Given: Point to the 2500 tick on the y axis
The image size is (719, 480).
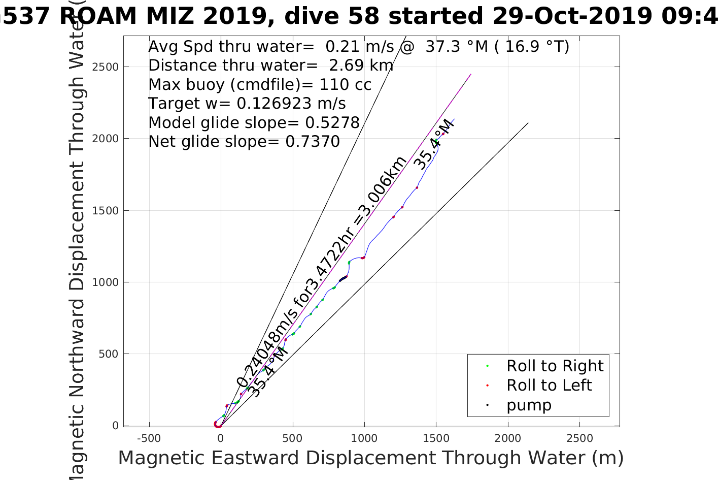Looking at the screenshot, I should coord(106,67).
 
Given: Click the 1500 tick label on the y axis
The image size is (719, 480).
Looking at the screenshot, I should coord(106,210).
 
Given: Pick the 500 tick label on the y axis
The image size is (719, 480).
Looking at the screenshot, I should coord(109,354).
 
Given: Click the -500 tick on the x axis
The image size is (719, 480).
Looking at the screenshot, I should coord(149,438).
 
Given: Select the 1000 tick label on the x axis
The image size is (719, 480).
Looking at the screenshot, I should coord(364,438).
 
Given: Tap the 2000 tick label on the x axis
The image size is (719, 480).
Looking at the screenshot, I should coord(507,438).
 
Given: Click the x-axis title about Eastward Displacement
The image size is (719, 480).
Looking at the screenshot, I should coord(370,458).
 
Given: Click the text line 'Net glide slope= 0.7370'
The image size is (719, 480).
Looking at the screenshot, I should coord(244,141).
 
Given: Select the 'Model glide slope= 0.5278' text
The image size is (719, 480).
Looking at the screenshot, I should coord(254,122).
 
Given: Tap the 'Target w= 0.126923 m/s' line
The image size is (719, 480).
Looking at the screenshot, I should coord(247,104).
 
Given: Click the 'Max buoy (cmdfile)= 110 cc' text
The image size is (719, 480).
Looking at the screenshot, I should coord(260,84).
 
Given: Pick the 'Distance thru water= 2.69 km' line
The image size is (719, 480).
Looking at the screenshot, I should coord(270,66).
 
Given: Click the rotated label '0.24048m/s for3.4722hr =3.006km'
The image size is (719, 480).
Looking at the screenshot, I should coord(322,272).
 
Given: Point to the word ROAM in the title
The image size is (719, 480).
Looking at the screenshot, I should coord(98,16).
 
